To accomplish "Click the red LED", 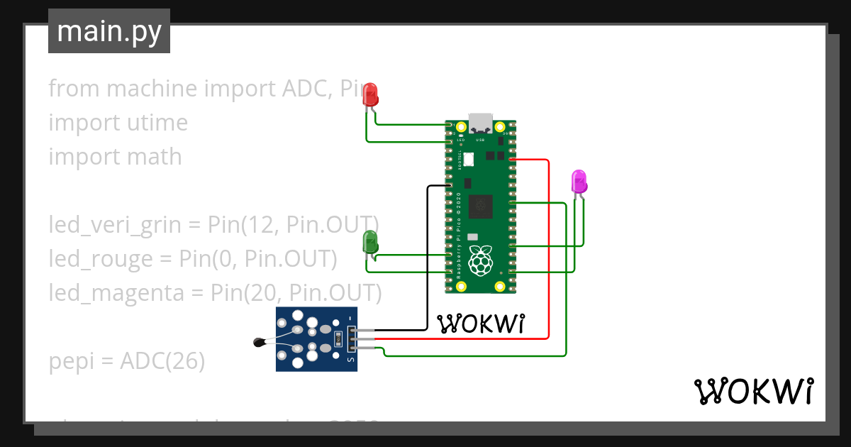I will click(x=370, y=95).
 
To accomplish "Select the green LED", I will click(x=370, y=242).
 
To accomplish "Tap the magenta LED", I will click(x=579, y=182).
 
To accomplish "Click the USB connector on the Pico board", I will click(x=481, y=123).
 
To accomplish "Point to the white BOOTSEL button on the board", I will click(x=469, y=162).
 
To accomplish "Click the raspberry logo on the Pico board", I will click(x=481, y=260).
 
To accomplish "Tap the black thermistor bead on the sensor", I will click(x=259, y=343).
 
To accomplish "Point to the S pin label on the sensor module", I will click(x=349, y=360).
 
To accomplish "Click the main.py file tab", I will click(x=109, y=32).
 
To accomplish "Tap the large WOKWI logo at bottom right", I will click(x=753, y=391).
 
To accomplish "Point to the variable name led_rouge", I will click(x=100, y=259).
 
